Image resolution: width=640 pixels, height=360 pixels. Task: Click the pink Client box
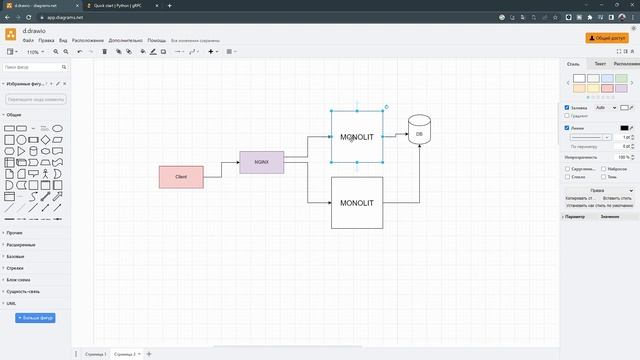point(181,176)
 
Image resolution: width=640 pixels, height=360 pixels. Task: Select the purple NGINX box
point(261,161)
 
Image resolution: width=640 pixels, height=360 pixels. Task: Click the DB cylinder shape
point(419,132)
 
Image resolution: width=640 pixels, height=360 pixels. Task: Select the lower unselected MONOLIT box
point(356,202)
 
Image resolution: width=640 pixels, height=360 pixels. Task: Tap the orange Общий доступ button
point(610,37)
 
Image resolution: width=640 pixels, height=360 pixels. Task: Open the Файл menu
point(28,40)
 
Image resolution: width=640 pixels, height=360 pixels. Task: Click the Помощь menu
point(156,40)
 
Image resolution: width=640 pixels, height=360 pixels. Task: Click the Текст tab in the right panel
point(600,64)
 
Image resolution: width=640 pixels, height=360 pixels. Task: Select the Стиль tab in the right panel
point(573,64)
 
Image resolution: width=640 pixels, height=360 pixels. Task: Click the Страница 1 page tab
point(91,354)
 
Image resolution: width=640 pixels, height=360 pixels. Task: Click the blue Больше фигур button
point(35,318)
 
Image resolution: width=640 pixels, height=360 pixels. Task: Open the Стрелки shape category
point(14,268)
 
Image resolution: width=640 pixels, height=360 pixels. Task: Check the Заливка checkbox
point(567,107)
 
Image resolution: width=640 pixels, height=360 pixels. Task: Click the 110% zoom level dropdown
point(34,51)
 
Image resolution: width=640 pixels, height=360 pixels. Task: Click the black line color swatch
point(625,127)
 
